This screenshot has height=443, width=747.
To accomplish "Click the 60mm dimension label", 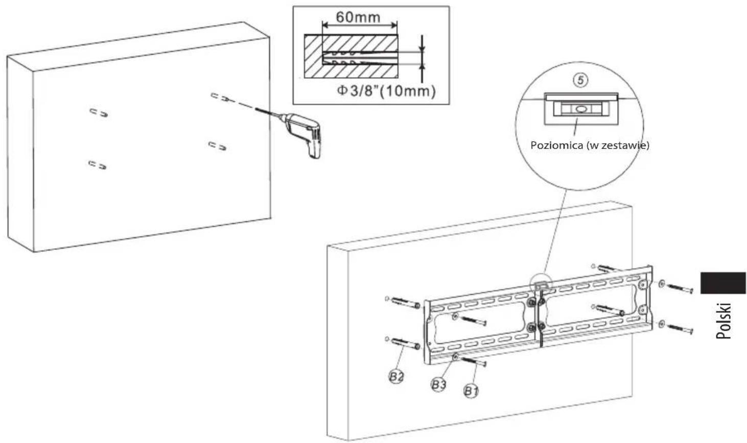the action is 358,17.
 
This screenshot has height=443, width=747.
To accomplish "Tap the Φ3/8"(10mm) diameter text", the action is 386,91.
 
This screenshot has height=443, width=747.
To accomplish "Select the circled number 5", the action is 580,80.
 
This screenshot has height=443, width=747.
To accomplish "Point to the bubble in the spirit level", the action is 580,109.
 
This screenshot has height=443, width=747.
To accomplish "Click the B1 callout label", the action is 471,391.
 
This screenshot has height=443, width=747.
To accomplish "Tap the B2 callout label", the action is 396,377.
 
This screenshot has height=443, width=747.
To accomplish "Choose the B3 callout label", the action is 438,385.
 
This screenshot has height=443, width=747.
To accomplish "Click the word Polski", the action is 723,321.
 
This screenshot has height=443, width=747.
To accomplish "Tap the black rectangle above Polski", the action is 722,283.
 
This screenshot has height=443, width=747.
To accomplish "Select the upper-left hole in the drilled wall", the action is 99,113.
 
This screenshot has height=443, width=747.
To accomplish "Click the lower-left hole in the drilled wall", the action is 98,165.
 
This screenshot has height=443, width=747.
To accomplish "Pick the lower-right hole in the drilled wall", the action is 218,146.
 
